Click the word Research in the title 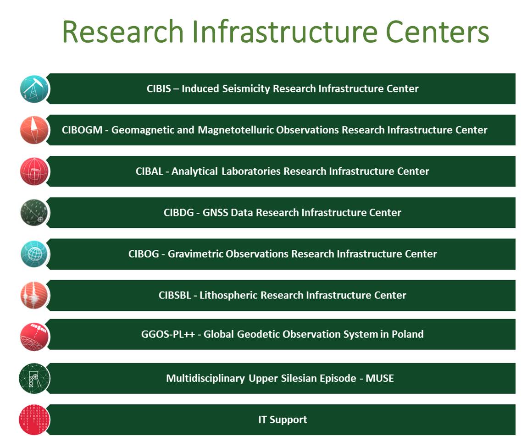coord(123,32)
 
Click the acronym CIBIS coord(159,88)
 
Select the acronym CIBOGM coord(82,130)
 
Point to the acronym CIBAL coord(149,171)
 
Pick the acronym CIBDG coord(179,213)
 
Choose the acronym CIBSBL coord(175,295)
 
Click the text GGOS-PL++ coord(168,334)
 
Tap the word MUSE coord(379,378)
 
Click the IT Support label coord(283,419)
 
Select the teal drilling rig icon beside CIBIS coord(34,89)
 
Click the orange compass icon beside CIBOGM coord(34,130)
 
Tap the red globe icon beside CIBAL coord(34,171)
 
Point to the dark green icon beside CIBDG coord(34,213)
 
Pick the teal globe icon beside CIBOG coord(34,254)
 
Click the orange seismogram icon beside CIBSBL coord(34,295)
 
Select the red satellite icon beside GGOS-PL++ coord(34,337)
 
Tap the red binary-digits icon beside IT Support coord(34,420)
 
